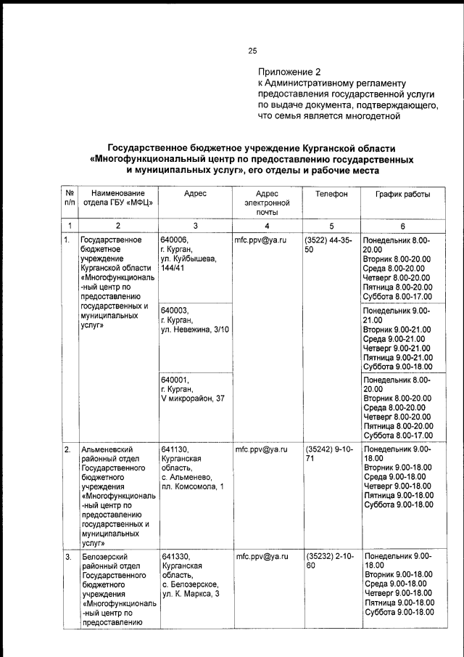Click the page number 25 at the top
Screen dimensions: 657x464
[252, 51]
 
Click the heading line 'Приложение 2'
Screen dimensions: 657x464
[289, 72]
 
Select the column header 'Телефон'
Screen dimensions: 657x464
[331, 195]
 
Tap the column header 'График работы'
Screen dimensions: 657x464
[402, 195]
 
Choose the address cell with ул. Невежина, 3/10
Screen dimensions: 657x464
[194, 319]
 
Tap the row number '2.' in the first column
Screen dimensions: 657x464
[67, 450]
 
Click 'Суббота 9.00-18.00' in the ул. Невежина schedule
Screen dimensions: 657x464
[398, 367]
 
